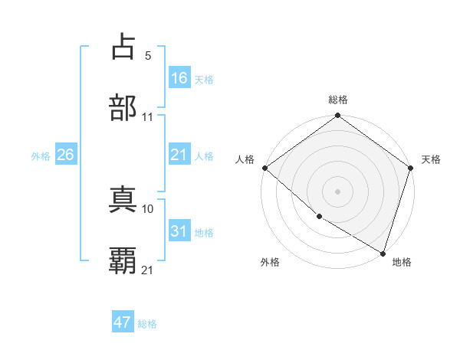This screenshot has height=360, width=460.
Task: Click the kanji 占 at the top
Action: [x=123, y=47]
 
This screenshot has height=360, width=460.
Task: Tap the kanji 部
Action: [x=123, y=108]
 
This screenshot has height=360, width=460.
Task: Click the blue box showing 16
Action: [x=179, y=78]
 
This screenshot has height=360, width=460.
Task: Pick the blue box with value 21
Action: [x=179, y=155]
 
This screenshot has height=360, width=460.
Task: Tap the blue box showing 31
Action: [x=179, y=232]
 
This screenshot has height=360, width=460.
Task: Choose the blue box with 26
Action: [x=65, y=155]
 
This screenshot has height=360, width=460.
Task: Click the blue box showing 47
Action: [x=123, y=323]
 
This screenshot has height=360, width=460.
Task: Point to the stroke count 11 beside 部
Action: [x=148, y=117]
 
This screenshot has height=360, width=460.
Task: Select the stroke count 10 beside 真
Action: [x=148, y=208]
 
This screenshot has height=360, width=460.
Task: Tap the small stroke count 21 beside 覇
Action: [x=148, y=270]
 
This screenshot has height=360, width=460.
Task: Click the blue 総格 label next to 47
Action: [x=147, y=324]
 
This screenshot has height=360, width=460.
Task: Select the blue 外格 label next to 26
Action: [x=41, y=156]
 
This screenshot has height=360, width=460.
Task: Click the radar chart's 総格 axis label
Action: [x=337, y=100]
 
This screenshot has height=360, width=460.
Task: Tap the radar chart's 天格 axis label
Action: [x=431, y=159]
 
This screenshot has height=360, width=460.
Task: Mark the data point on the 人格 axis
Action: [x=264, y=168]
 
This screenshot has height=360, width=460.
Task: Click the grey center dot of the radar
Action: [x=337, y=191]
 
